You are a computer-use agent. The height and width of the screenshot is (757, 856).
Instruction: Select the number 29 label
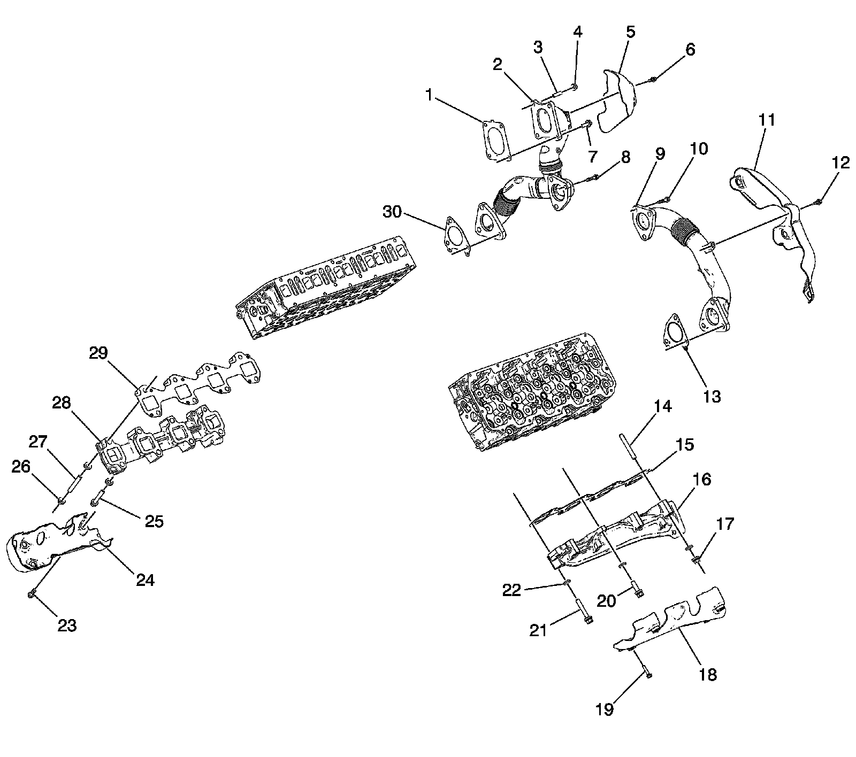[x=99, y=353]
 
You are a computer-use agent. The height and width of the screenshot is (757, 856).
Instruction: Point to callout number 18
[x=707, y=675]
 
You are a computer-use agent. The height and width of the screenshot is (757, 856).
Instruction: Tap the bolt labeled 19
[x=647, y=673]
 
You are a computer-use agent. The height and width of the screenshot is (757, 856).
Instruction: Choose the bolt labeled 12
[x=818, y=202]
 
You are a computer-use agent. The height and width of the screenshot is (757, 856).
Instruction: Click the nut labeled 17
[x=696, y=560]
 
